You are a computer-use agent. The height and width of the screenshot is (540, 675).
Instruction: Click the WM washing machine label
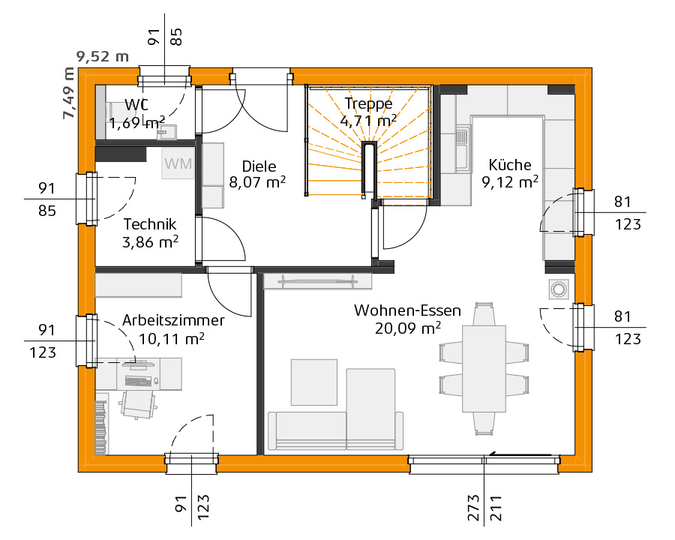tap(178, 163)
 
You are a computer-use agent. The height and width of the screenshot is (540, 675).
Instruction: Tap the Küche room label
tap(510, 165)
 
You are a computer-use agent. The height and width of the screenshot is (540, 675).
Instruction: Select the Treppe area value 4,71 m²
tap(368, 121)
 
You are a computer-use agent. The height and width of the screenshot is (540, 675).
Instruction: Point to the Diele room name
tap(259, 166)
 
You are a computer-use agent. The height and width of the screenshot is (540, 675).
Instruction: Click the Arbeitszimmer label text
tap(173, 320)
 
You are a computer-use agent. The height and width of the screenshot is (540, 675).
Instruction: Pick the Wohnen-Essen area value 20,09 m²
tap(408, 328)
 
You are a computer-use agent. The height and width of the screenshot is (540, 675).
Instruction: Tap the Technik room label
tap(150, 224)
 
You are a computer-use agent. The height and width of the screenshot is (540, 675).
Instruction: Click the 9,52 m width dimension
tap(103, 56)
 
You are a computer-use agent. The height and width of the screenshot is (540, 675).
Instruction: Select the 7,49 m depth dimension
tap(68, 94)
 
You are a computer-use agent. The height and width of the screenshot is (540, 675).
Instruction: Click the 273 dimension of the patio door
tap(473, 508)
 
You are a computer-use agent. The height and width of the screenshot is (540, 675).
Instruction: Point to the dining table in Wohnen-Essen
tap(484, 368)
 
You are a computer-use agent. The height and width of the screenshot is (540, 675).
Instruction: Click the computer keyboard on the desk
tap(138, 381)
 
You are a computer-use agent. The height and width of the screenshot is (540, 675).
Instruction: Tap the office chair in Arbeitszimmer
tap(138, 404)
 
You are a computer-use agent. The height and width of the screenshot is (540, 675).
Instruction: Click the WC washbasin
tap(166, 132)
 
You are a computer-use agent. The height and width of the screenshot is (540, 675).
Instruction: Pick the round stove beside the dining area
tap(559, 289)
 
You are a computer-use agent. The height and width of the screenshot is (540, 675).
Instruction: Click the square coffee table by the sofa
tap(314, 382)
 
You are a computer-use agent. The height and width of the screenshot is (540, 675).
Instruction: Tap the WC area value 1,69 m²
tap(137, 123)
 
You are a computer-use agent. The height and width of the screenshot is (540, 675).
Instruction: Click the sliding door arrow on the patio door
tap(520, 454)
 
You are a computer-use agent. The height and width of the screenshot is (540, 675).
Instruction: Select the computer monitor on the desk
tap(138, 364)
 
